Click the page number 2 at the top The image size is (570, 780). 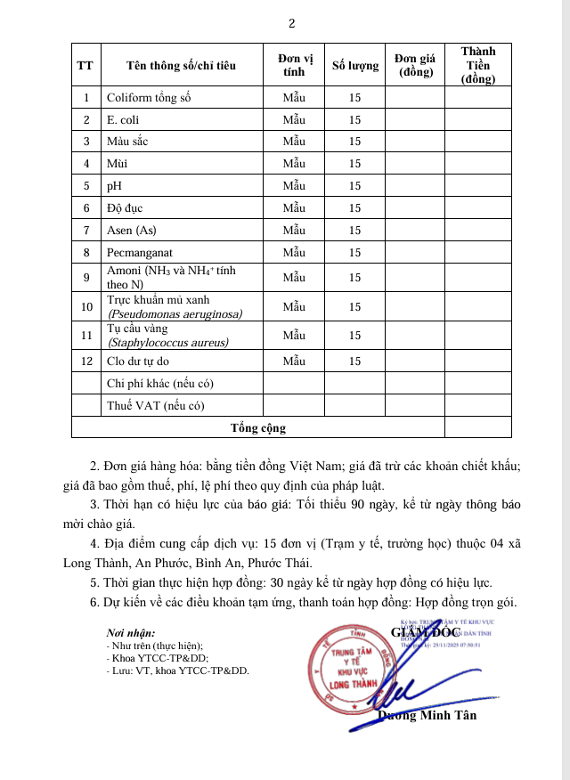(x=292, y=23)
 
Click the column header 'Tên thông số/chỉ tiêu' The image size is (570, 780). (x=175, y=65)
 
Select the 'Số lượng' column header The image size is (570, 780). (x=354, y=65)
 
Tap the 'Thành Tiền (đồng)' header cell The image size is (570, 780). (x=477, y=65)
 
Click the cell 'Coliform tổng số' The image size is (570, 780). (x=150, y=97)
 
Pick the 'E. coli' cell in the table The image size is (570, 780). (x=123, y=119)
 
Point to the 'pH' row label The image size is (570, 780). (x=113, y=186)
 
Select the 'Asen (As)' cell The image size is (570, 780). (x=131, y=231)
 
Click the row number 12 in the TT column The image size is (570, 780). (x=86, y=362)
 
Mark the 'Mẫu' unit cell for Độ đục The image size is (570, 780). (x=294, y=208)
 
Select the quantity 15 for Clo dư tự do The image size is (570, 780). (x=354, y=362)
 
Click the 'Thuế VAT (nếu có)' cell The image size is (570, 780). (x=156, y=406)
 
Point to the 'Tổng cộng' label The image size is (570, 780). (x=258, y=428)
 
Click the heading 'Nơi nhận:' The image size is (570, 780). (x=130, y=633)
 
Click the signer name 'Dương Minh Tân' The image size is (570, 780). (x=427, y=716)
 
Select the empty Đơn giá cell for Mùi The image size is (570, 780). (x=414, y=164)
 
